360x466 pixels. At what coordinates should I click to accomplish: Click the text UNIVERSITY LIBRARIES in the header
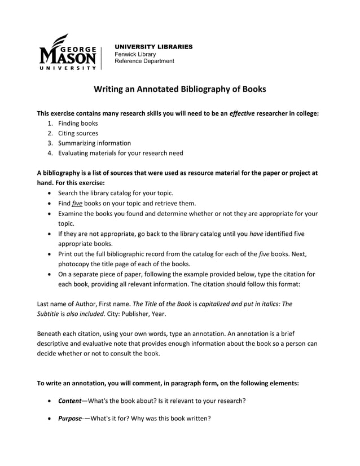[153, 46]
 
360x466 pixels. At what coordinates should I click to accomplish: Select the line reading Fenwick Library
[135, 54]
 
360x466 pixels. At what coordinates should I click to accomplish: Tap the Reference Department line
[144, 61]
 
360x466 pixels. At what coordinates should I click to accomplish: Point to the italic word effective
[242, 113]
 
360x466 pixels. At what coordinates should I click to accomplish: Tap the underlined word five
[77, 203]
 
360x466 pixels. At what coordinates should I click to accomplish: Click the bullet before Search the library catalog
[50, 193]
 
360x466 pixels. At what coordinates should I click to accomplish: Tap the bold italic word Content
[71, 401]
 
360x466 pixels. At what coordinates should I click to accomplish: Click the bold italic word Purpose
[70, 419]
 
